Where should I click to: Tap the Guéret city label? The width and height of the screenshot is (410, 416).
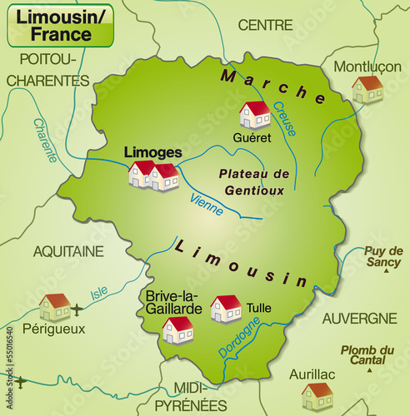(x=252, y=137)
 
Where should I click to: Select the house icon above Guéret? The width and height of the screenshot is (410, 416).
(x=254, y=114)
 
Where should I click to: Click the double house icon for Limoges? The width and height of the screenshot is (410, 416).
(x=153, y=175)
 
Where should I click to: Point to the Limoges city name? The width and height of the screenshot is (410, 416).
(x=152, y=153)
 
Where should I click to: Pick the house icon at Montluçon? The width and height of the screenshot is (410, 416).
(x=367, y=89)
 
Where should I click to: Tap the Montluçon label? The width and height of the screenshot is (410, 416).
(x=367, y=67)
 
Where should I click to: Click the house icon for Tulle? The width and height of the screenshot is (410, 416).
(x=226, y=308)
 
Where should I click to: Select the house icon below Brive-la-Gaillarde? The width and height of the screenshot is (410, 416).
(x=177, y=329)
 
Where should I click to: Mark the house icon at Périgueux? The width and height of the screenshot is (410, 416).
(x=55, y=307)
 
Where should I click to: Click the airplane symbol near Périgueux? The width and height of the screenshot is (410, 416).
(x=77, y=310)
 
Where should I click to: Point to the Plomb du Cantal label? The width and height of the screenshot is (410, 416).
(x=367, y=354)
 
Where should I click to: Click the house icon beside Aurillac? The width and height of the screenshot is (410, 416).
(x=317, y=396)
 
